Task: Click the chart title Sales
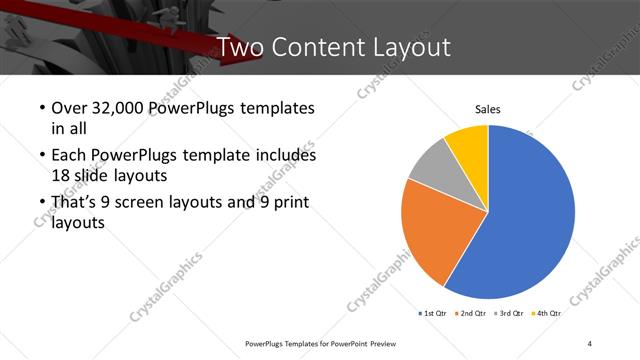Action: (x=487, y=109)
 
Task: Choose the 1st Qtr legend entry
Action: (x=433, y=313)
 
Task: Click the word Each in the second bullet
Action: (x=69, y=156)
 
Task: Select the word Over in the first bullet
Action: (x=69, y=108)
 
